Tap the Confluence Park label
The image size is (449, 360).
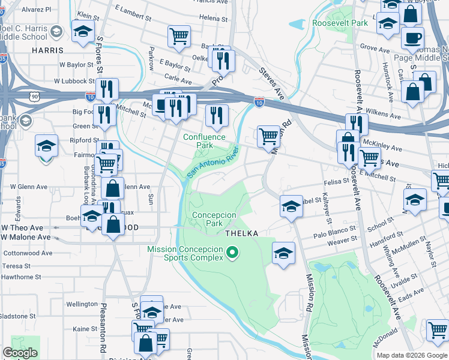pos(205,141)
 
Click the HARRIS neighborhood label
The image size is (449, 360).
pos(48,51)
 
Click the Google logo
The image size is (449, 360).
pos(20,353)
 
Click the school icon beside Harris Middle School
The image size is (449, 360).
pos(56,31)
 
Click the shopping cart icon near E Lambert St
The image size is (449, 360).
pos(179,36)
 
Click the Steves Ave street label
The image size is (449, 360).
pos(271,85)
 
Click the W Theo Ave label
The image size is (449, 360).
pos(22,228)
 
